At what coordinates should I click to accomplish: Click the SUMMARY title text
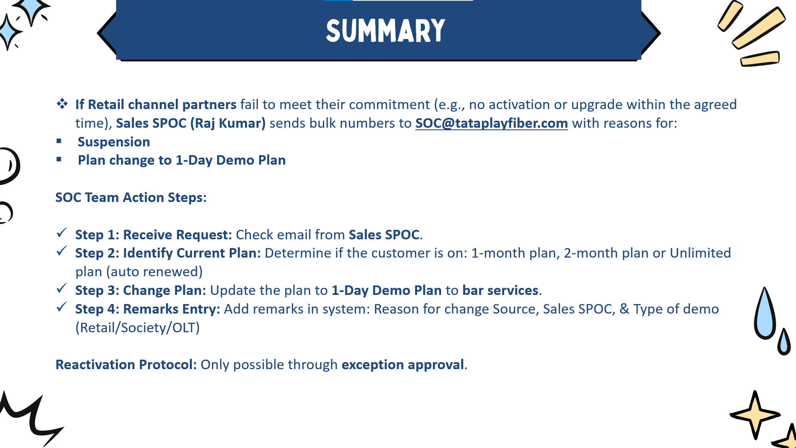(386, 31)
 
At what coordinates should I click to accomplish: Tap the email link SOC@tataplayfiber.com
(491, 123)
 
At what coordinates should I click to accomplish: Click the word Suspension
(114, 142)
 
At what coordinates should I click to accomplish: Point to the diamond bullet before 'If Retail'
(62, 104)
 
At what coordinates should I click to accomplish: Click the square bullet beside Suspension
(59, 141)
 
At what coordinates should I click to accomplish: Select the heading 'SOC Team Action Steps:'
(131, 197)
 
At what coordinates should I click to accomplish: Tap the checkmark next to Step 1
(62, 233)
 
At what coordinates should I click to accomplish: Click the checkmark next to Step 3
(62, 288)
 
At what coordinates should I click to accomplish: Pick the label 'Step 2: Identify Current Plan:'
(168, 253)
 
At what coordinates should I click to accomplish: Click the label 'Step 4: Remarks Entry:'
(148, 309)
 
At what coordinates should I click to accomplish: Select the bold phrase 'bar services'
(500, 290)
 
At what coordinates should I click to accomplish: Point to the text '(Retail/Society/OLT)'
(138, 328)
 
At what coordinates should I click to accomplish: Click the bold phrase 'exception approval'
(403, 365)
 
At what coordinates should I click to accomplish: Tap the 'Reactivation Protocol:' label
(126, 365)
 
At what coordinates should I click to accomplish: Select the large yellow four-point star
(755, 415)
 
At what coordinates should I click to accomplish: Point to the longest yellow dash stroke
(759, 28)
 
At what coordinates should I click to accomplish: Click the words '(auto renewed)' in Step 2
(155, 272)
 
